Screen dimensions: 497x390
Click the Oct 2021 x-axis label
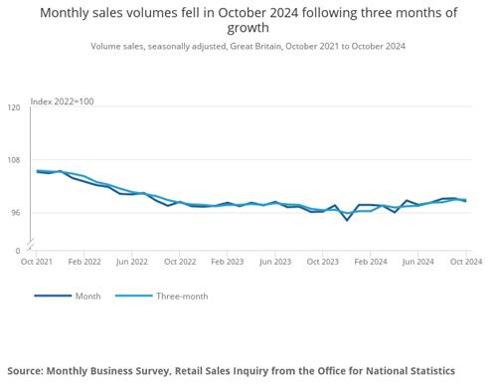(x=37, y=262)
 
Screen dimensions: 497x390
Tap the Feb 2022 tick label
(x=84, y=262)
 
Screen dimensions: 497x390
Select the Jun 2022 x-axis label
(x=132, y=262)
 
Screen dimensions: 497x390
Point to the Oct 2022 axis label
(x=180, y=262)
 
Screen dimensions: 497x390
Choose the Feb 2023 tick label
(x=228, y=262)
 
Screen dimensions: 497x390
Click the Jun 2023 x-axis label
(x=275, y=262)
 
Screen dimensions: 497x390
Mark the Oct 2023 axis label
(x=323, y=262)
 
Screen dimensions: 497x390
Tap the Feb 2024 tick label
(x=371, y=262)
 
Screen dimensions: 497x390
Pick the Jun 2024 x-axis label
(x=417, y=262)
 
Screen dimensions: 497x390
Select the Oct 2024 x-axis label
(x=466, y=262)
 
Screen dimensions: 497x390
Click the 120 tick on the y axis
(x=14, y=107)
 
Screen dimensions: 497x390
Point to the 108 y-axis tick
(x=14, y=160)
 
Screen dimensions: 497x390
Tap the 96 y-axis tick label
(x=16, y=213)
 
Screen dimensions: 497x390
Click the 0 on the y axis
(x=18, y=251)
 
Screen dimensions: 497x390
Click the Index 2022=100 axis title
(x=62, y=101)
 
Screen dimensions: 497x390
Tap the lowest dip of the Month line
(x=347, y=220)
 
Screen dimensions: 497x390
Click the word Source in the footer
(x=25, y=371)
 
